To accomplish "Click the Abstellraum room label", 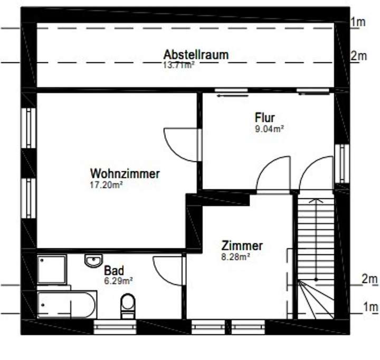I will (195, 55).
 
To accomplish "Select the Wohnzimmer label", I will (125, 173).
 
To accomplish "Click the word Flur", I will (265, 117).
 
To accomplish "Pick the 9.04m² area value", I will (269, 128).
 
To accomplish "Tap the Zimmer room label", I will (242, 246).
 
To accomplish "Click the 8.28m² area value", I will (235, 257).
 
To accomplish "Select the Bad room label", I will (113, 271).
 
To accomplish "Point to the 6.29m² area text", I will (118, 281).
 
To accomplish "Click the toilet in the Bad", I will (127, 306).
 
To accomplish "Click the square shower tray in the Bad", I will (52, 270).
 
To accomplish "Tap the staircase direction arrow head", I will (316, 201).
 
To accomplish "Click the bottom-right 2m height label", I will (370, 278).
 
